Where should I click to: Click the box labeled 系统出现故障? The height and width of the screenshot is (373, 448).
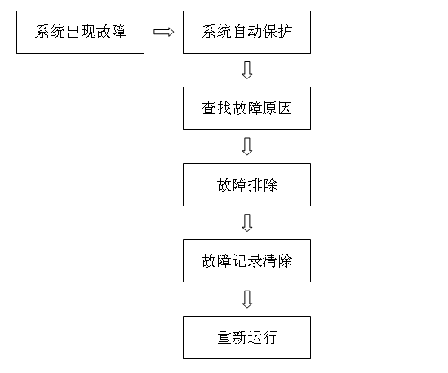(80, 33)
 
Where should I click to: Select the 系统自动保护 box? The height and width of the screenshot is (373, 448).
(247, 33)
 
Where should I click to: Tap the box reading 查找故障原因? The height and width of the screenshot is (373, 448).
(247, 109)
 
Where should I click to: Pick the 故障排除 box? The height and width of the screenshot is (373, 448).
(247, 185)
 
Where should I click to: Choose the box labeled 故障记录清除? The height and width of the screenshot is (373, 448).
(247, 261)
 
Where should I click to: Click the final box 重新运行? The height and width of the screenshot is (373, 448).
(247, 338)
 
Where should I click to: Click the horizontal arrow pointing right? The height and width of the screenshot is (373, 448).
(164, 32)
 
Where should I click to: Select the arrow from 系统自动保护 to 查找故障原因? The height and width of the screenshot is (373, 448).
(247, 70)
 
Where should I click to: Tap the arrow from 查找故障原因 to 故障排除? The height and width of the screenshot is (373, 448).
(247, 146)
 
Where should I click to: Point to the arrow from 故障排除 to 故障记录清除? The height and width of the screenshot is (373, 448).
(247, 223)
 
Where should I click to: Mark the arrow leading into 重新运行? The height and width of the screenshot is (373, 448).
(247, 299)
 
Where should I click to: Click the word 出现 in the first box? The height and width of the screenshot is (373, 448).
(80, 32)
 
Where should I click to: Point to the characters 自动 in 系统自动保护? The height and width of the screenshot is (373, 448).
(247, 32)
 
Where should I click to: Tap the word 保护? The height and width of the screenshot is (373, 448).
(277, 32)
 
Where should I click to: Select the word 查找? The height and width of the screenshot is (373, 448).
(216, 109)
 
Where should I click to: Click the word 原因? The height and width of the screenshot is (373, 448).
(277, 109)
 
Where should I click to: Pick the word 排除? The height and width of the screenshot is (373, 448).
(263, 185)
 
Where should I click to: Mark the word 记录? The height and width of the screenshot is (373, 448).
(247, 261)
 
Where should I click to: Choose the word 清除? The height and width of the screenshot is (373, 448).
(277, 261)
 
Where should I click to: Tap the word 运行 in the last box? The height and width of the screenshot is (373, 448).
(263, 338)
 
